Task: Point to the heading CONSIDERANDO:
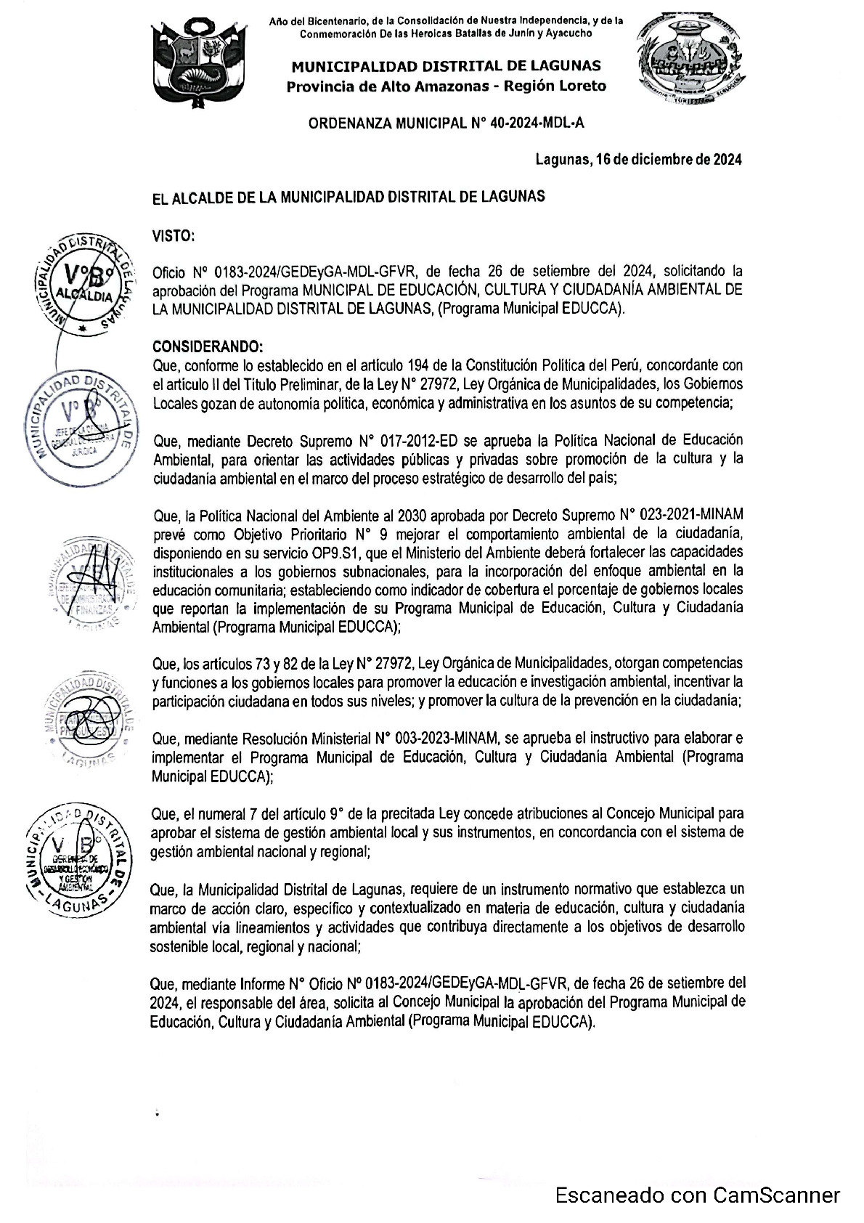(207, 346)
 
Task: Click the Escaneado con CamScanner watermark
(698, 1195)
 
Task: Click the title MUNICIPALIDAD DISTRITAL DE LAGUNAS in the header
(446, 67)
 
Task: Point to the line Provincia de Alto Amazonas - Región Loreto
(446, 86)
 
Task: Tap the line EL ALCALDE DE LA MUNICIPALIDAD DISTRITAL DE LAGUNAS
(348, 197)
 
